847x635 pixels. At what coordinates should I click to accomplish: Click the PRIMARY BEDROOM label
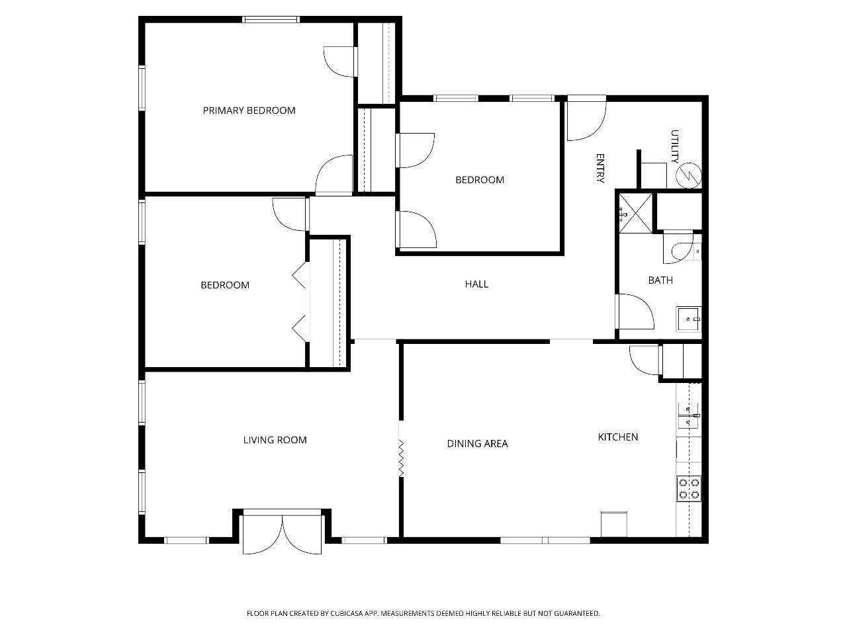tap(249, 110)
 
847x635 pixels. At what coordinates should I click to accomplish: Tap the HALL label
tap(476, 284)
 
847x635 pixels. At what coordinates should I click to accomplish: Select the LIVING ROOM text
tap(275, 440)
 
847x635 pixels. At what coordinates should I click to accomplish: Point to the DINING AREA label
tap(477, 444)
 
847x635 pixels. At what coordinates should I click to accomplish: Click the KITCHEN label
tap(618, 437)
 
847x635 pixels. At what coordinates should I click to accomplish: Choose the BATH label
tap(660, 280)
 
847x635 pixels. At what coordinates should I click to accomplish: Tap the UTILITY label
tap(674, 146)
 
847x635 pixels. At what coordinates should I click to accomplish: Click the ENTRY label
tap(600, 168)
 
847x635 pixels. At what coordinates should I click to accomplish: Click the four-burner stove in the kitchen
tap(689, 489)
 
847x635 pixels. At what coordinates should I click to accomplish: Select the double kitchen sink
tap(689, 415)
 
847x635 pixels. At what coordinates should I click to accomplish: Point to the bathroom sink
tap(689, 319)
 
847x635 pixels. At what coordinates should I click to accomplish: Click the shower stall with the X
tap(635, 213)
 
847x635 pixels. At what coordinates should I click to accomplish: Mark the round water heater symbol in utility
tap(689, 176)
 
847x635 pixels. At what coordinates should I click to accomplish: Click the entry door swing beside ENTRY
tap(586, 118)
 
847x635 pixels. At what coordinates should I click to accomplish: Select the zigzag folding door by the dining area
tap(401, 458)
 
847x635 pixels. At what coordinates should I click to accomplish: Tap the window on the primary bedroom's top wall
tap(271, 20)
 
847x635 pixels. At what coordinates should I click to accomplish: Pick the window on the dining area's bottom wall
tap(545, 540)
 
